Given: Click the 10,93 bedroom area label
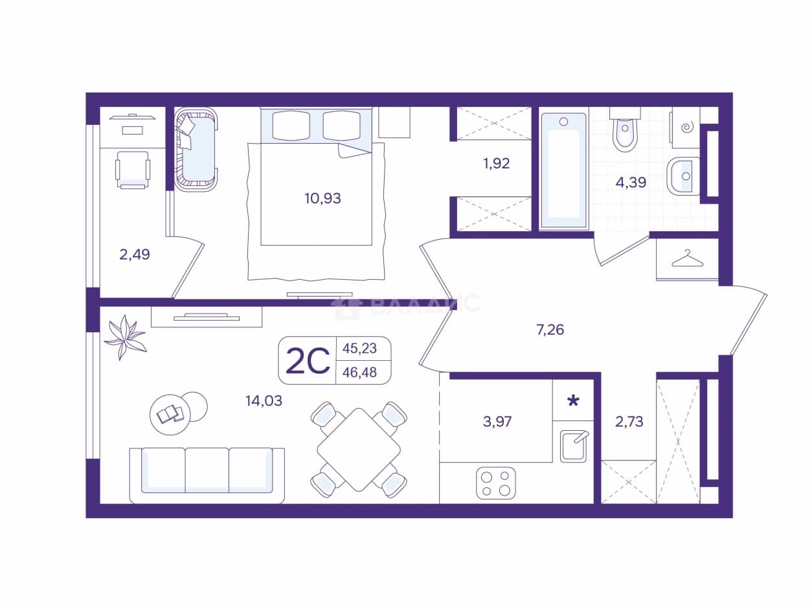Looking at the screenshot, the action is point(322,199).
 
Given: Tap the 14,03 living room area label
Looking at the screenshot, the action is point(264,401).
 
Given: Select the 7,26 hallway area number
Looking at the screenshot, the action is point(550,329).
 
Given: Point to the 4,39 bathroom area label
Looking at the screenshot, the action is point(631,182).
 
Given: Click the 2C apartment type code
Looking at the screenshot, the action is point(308,361).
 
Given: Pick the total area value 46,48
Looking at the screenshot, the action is point(359,372).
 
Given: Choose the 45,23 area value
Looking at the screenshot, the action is point(359,349).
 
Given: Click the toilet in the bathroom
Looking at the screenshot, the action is point(625,130).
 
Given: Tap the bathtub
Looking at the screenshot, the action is point(564,170).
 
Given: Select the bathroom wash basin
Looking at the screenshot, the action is point(684,176).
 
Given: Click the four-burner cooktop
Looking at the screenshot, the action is point(496,483).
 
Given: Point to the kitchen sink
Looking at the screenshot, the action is point(574,446).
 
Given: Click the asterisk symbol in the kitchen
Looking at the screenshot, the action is point(573,401).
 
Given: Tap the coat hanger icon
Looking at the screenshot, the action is point(687,258).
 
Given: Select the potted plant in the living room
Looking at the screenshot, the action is point(125,337).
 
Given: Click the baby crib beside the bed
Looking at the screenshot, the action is point(196,149).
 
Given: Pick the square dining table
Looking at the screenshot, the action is point(359,450).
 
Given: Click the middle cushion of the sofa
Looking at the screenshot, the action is point(207,470).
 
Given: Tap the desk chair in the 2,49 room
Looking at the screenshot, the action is point(133,170).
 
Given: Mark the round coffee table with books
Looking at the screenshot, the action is point(170,415).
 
